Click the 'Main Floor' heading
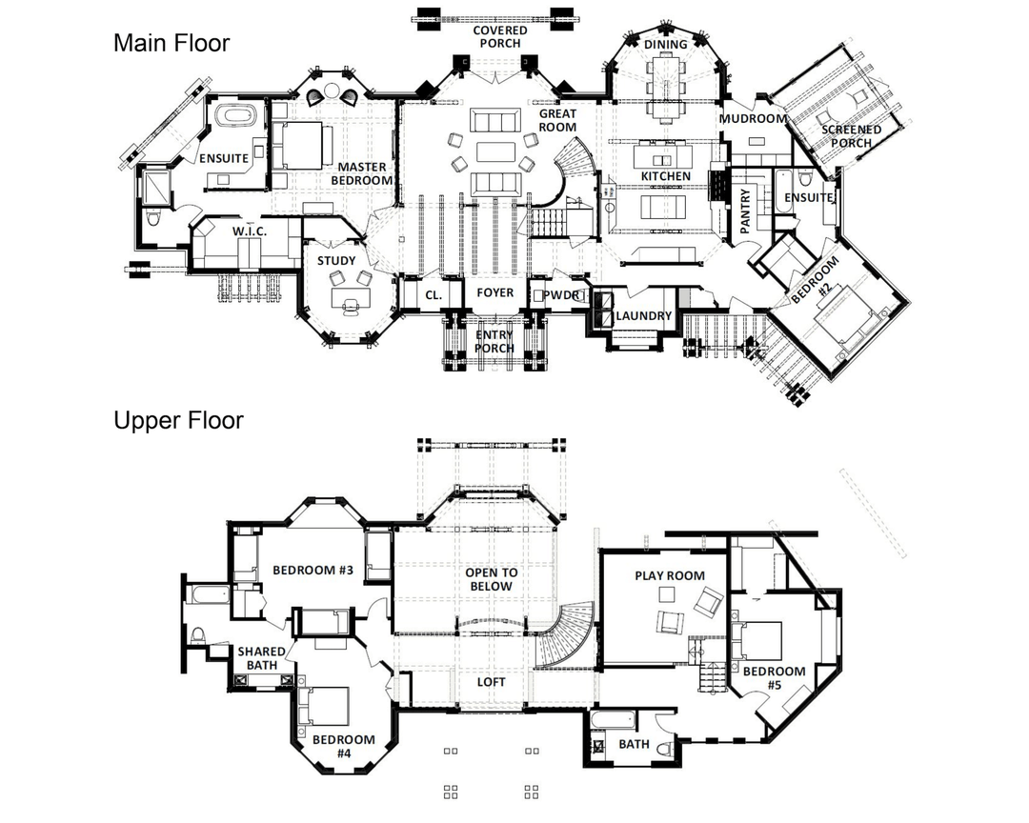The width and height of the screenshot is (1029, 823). pyautogui.click(x=171, y=43)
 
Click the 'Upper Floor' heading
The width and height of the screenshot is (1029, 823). pyautogui.click(x=178, y=420)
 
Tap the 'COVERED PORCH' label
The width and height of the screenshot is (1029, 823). pyautogui.click(x=500, y=37)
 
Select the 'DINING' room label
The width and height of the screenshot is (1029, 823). pyautogui.click(x=665, y=45)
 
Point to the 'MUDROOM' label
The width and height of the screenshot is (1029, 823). pyautogui.click(x=753, y=119)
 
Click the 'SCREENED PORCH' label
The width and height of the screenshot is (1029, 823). pyautogui.click(x=851, y=136)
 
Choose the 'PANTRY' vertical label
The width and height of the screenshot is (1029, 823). pyautogui.click(x=745, y=211)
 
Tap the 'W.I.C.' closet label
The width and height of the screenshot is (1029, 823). pyautogui.click(x=250, y=231)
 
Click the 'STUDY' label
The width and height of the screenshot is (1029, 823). pyautogui.click(x=336, y=261)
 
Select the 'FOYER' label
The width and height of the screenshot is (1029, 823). pyautogui.click(x=494, y=292)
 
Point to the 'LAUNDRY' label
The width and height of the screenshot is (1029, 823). pyautogui.click(x=644, y=315)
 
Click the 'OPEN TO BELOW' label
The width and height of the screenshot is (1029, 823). pyautogui.click(x=492, y=579)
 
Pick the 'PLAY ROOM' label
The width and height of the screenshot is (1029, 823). pyautogui.click(x=670, y=575)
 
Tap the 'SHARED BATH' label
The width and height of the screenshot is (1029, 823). pyautogui.click(x=261, y=658)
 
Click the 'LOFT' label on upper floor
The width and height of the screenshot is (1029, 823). pyautogui.click(x=491, y=683)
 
